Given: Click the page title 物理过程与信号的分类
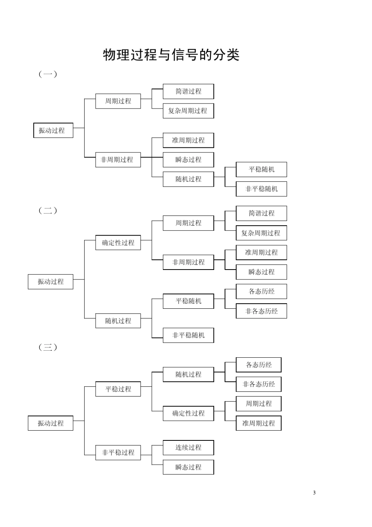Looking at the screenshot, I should (x=171, y=55).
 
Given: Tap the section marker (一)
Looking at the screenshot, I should (x=48, y=74).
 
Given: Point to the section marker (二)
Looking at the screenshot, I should (x=48, y=210).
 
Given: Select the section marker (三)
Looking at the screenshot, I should (x=48, y=347).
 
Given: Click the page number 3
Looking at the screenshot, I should (x=314, y=493).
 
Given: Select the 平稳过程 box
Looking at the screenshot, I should (x=118, y=389).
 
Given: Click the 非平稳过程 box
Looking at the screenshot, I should (x=118, y=453).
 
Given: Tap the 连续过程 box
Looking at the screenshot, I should (x=188, y=447).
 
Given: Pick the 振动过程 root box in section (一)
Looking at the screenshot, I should (x=53, y=130).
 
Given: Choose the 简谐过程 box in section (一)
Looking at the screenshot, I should (x=188, y=91).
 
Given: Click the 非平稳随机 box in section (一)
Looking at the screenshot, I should (x=261, y=189).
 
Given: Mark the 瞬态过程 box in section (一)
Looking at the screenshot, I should (x=188, y=159).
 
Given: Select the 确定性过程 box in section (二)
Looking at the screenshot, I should (x=118, y=243).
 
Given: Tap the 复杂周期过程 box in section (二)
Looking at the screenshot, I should (x=261, y=233).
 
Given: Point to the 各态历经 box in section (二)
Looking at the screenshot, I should (x=261, y=292).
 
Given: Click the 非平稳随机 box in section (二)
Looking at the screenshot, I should (x=188, y=335).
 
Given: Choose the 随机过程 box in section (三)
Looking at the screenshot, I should (x=188, y=374).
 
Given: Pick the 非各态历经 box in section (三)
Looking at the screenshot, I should (x=258, y=384).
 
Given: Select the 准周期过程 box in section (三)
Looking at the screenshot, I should (x=258, y=423).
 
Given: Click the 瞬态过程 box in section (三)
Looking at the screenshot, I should (x=188, y=467).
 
